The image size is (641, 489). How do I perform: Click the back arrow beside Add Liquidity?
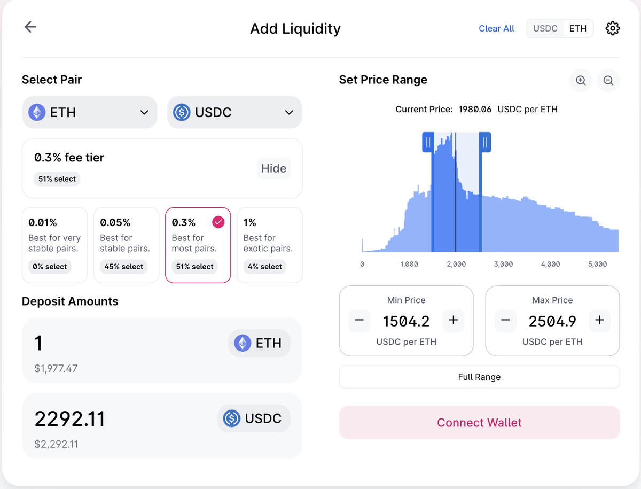[30, 27]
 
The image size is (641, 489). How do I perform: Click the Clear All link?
[496, 29]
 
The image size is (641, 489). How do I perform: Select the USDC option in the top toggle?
[545, 29]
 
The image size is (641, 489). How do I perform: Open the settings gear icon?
[612, 29]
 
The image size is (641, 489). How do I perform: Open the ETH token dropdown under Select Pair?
[90, 113]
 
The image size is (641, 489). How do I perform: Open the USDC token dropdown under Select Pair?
[234, 113]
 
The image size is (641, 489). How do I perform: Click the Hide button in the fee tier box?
[273, 169]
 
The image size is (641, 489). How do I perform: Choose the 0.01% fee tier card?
[54, 245]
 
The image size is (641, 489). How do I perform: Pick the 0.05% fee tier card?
[126, 245]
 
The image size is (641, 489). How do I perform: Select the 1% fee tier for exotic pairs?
[270, 245]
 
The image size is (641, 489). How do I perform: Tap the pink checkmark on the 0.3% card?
[218, 222]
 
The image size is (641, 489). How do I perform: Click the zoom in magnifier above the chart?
[581, 81]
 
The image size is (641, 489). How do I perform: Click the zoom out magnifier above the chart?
[608, 81]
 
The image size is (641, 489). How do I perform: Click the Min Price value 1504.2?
[406, 321]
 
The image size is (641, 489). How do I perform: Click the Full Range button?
[479, 377]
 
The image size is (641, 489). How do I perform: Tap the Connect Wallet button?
[479, 423]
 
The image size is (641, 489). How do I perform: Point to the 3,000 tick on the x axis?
[503, 265]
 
